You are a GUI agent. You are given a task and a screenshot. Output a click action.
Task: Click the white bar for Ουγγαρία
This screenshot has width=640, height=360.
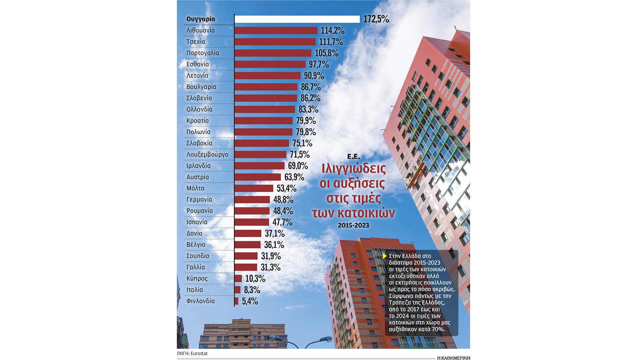tap(297, 19)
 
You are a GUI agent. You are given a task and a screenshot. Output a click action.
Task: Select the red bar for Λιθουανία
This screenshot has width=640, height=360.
tap(276, 30)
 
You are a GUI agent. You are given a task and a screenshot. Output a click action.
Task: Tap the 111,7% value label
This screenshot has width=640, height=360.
tap(331, 42)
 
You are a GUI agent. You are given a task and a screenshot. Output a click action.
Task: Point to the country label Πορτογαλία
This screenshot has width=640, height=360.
tap(203, 53)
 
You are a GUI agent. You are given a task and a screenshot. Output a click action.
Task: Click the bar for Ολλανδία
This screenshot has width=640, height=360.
tap(265, 109)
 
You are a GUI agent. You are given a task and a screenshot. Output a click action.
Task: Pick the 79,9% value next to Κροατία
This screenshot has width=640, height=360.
tap(306, 121)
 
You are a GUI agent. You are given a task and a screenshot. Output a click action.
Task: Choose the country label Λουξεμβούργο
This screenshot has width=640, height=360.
tap(207, 155)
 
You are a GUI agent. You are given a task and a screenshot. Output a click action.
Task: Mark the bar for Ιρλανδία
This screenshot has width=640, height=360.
tap(259, 166)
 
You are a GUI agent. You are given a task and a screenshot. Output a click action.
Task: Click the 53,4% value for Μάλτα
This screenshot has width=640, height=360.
tap(287, 188)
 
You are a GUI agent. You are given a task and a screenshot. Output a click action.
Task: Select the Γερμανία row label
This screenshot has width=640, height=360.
tap(199, 200)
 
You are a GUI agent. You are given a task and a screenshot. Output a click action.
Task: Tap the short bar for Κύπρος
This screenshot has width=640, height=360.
tap(238, 279)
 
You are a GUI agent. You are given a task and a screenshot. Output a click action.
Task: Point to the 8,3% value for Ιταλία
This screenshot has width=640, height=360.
tap(252, 290)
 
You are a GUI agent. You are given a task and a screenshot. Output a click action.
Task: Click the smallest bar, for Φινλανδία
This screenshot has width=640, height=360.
tap(236, 301)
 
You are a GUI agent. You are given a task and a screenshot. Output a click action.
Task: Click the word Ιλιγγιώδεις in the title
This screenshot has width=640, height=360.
tap(354, 169)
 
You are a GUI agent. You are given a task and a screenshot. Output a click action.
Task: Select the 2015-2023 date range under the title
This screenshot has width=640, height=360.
tap(353, 225)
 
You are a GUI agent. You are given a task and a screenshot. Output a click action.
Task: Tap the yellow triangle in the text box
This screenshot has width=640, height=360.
tap(385, 256)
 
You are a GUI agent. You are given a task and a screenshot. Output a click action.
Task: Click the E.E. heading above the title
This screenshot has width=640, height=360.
tap(353, 156)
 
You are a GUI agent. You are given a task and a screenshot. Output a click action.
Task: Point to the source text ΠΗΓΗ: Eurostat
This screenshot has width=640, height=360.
tap(192, 353)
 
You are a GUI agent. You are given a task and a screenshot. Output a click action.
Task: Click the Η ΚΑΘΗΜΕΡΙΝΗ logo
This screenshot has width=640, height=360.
tap(453, 358)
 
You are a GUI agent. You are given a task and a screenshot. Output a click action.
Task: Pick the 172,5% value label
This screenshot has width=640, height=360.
tap(376, 19)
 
